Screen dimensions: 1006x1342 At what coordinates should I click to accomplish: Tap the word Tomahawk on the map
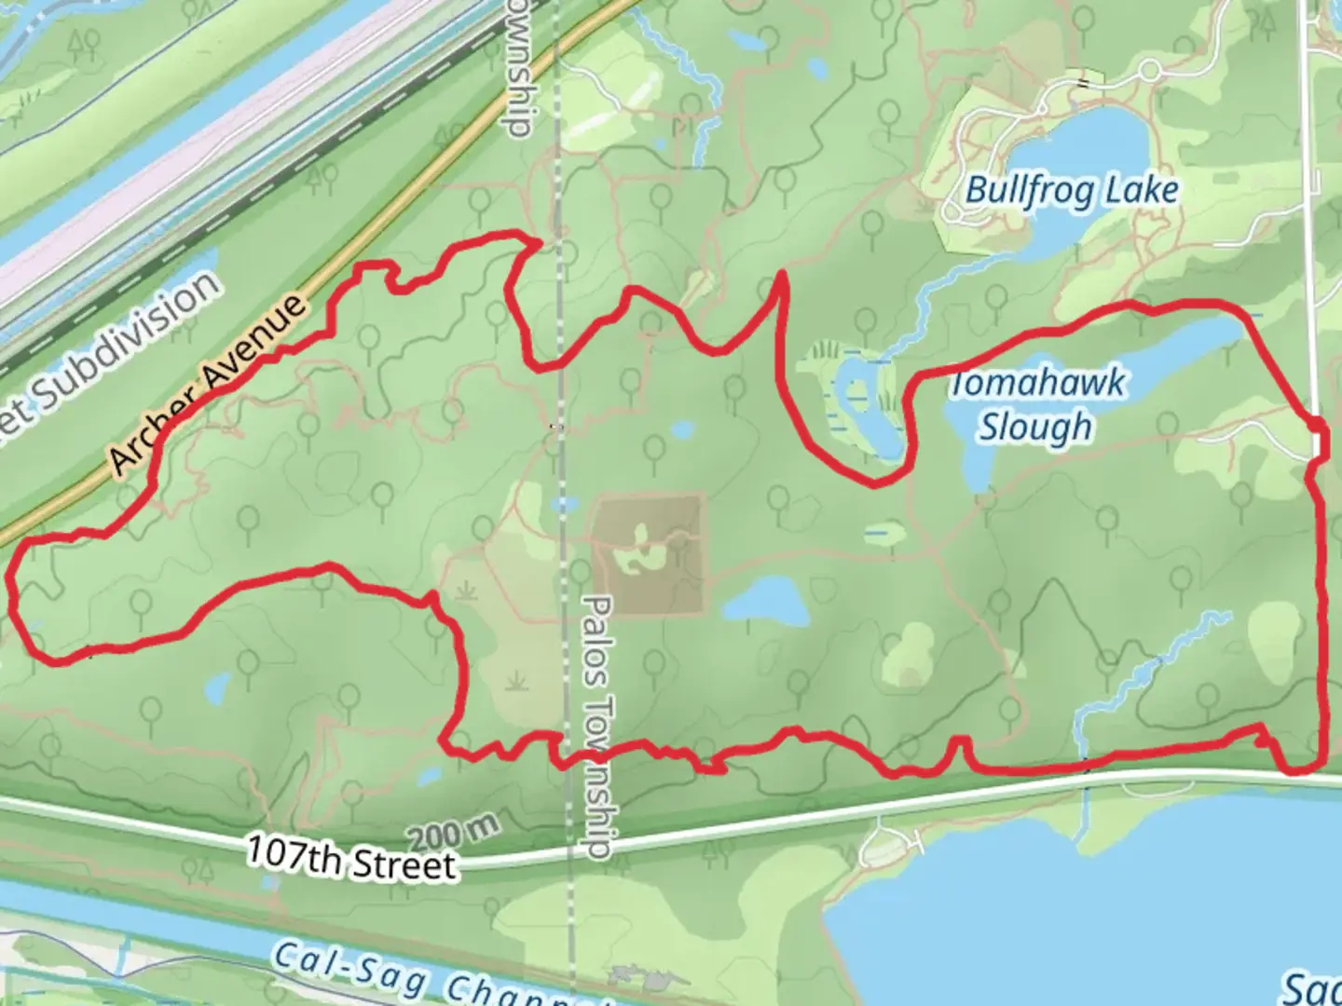click(1036, 384)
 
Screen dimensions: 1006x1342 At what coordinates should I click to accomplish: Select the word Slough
click(1034, 428)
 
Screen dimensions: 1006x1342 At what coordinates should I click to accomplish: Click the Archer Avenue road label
click(208, 384)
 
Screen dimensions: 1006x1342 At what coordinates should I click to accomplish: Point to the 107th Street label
click(351, 859)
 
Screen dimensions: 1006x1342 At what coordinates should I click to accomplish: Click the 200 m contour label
click(453, 833)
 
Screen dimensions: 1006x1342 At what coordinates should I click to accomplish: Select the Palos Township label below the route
click(596, 727)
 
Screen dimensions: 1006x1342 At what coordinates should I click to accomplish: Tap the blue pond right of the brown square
click(767, 601)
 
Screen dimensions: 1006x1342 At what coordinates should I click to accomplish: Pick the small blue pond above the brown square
click(683, 430)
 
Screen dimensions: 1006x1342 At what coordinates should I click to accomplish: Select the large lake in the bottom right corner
click(1072, 913)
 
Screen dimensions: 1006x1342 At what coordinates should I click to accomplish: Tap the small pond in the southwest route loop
click(216, 688)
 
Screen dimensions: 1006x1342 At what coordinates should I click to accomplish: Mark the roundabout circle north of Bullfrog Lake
click(1151, 70)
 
